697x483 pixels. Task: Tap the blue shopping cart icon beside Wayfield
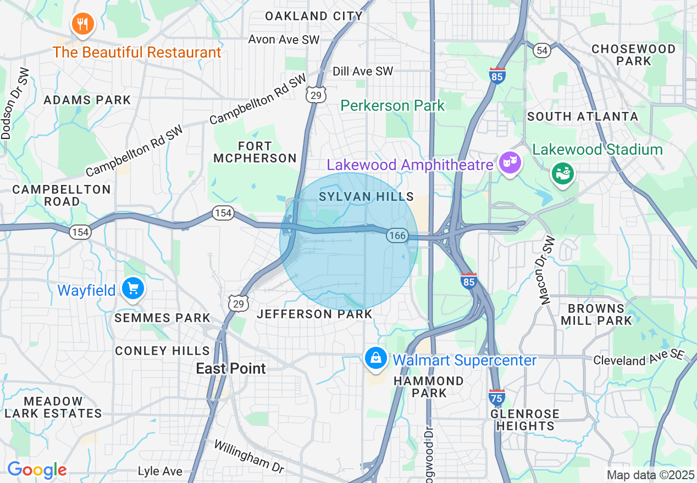132,288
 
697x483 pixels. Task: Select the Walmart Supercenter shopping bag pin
375,359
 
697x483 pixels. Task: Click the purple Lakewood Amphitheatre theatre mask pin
510,162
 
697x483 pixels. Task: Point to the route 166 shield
396,235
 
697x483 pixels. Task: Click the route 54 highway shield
541,50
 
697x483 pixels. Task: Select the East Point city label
231,368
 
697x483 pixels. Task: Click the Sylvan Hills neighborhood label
366,196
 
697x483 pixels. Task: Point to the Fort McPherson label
255,152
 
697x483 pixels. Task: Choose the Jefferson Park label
315,314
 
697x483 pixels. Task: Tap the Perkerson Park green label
392,105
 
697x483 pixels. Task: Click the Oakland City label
314,16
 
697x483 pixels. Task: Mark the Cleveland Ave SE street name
637,359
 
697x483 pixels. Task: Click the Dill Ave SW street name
363,71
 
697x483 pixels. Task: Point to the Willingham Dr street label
249,456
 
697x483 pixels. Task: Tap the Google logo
37,470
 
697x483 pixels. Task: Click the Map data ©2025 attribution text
650,475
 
